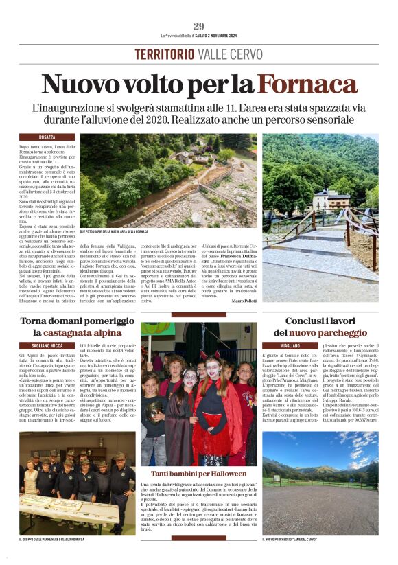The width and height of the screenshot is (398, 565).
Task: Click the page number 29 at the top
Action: [199, 26]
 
